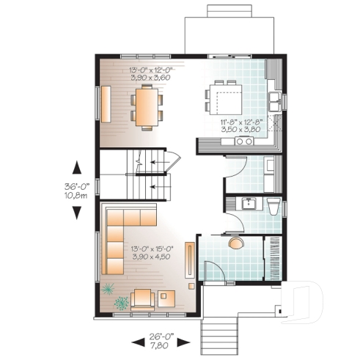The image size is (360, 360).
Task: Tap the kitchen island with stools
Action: coord(225,96)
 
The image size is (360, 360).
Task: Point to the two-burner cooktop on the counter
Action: coord(241,142)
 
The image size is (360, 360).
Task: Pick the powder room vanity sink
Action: coord(249,203)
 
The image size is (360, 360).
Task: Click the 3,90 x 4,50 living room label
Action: coord(150,257)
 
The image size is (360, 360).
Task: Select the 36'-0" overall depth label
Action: coord(76,185)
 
